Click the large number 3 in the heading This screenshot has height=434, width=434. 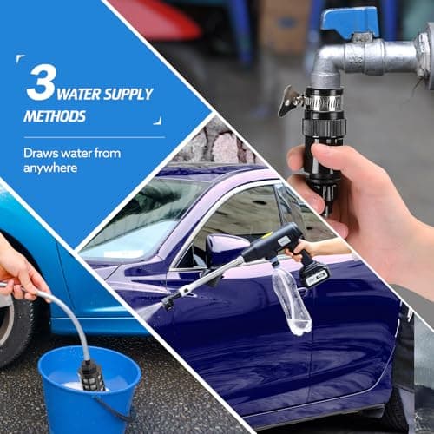tap(41, 82)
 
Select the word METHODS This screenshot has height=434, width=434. tap(55, 116)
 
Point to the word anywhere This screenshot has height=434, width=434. tap(50, 168)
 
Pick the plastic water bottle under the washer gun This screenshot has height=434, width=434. tap(292, 301)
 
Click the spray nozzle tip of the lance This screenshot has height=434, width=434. tap(168, 305)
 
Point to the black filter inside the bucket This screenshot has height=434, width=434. tap(92, 376)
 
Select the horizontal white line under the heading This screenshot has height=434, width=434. tap(95, 137)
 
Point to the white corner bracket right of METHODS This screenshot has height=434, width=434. tap(159, 122)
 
